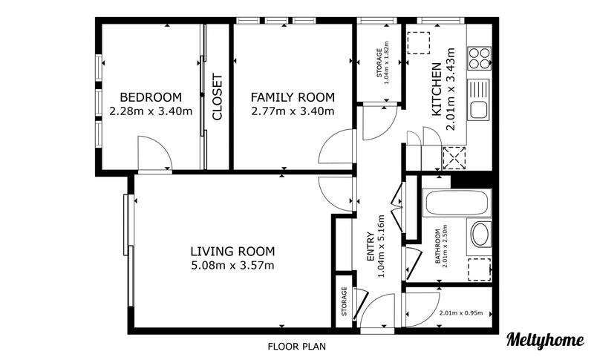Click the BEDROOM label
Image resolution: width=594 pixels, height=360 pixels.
click(x=151, y=97)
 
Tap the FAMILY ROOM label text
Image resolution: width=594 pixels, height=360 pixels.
click(x=292, y=97)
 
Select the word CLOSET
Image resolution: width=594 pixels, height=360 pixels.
click(x=218, y=96)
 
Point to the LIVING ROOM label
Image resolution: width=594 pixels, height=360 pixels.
click(x=232, y=251)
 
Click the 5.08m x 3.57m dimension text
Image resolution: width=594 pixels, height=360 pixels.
click(x=232, y=265)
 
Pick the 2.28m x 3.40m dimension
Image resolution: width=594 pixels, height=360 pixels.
click(x=151, y=111)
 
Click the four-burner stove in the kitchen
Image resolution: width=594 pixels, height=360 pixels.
click(x=478, y=57)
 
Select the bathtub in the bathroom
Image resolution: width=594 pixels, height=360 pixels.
click(x=456, y=201)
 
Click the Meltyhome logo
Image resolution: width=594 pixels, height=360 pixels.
click(x=544, y=339)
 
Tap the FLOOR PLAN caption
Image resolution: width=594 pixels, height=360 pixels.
click(x=296, y=346)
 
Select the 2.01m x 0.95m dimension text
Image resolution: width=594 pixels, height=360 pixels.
click(x=460, y=313)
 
